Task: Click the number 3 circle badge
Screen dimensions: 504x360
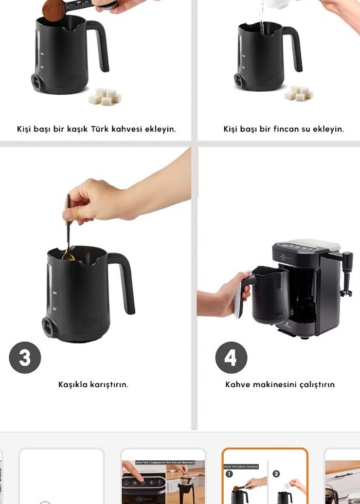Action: (x=25, y=357)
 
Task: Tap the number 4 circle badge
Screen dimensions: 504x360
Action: (x=231, y=357)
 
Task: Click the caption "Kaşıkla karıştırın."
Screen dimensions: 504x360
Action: (x=93, y=384)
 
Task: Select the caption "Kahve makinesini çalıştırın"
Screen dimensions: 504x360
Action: (x=280, y=384)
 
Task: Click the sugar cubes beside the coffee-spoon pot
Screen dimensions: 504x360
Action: (x=105, y=96)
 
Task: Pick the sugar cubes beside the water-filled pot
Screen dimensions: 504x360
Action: (x=298, y=93)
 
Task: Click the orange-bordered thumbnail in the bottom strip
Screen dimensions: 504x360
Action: (x=265, y=476)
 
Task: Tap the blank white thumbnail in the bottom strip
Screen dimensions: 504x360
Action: (x=61, y=476)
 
